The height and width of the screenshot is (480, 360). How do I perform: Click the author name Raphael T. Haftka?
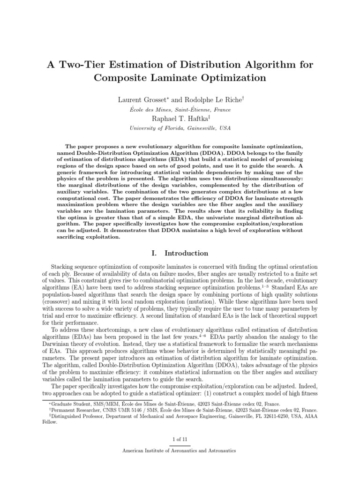pyautogui.click(x=179, y=119)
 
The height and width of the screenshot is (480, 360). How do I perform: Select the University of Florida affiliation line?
pyautogui.click(x=180, y=128)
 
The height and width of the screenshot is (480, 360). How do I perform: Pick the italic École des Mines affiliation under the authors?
pyautogui.click(x=180, y=110)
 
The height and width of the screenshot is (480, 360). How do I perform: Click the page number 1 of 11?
pyautogui.click(x=180, y=439)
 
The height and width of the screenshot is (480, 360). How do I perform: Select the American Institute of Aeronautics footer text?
pyautogui.click(x=180, y=450)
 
